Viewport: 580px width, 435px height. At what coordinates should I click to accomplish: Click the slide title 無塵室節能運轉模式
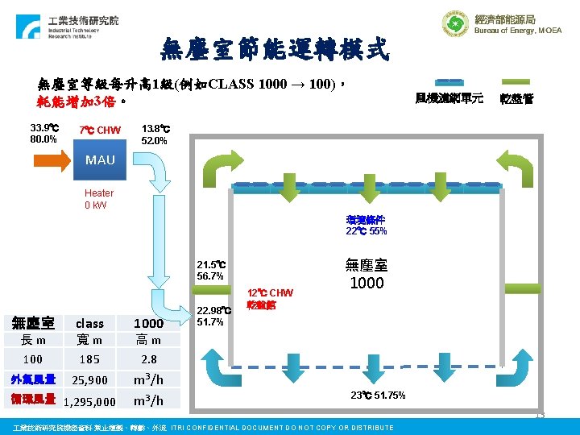(x=275, y=50)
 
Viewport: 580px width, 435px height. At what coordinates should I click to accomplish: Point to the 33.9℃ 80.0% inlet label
(x=43, y=133)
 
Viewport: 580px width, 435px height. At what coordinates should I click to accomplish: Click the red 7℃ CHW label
(x=100, y=130)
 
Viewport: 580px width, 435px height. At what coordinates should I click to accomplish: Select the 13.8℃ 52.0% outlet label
(x=154, y=134)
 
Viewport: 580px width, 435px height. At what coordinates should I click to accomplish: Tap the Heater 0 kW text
(x=99, y=199)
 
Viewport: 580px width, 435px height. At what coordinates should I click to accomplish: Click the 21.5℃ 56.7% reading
(x=210, y=270)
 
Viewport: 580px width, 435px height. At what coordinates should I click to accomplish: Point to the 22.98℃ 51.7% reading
(x=212, y=316)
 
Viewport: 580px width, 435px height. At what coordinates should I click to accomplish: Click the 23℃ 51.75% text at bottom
(x=378, y=396)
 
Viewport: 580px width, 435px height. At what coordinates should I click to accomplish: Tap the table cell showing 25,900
(x=89, y=380)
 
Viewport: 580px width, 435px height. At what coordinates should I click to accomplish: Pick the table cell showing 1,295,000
(x=89, y=401)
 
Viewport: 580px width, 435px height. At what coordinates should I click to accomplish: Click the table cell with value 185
(x=89, y=359)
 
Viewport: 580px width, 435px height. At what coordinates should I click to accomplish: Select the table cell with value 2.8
(x=148, y=359)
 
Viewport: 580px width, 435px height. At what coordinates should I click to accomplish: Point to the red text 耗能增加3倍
(x=77, y=102)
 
